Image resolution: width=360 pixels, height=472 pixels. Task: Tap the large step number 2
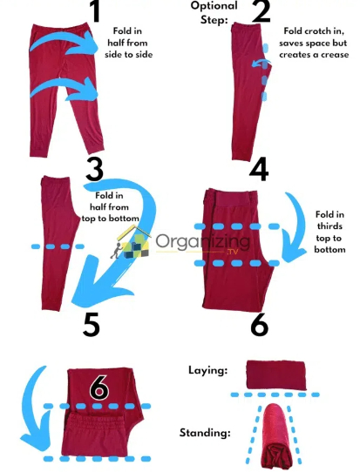260,12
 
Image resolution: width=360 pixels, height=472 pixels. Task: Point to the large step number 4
258,168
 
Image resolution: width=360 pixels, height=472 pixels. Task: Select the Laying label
209,370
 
